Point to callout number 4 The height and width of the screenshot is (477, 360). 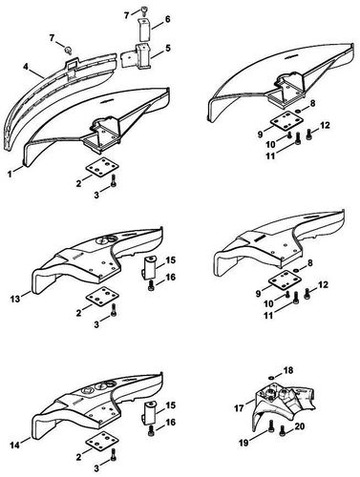click(30, 68)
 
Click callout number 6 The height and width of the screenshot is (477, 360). click(167, 18)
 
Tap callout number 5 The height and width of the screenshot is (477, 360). click(167, 47)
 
